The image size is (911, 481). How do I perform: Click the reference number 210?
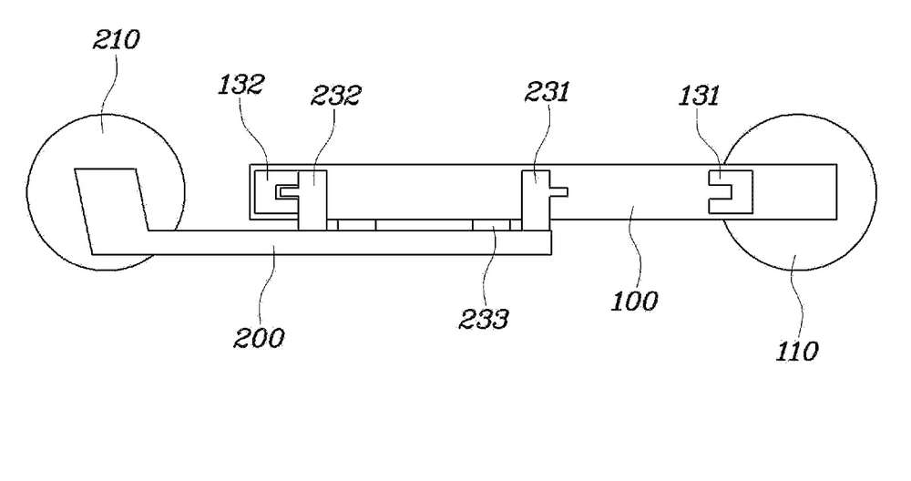(117, 40)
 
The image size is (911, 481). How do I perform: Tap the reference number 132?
(241, 85)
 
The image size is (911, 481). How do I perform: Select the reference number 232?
(336, 96)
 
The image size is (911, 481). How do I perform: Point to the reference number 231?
(548, 92)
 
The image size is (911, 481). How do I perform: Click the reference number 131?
(699, 96)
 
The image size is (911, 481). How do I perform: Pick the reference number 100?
(634, 301)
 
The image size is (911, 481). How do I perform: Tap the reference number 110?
(797, 352)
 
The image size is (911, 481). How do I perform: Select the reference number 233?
(484, 319)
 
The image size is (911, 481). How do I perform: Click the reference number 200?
(259, 338)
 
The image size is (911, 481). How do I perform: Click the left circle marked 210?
(26, 191)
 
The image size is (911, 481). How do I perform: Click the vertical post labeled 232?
(312, 200)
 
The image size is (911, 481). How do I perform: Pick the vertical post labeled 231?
(535, 200)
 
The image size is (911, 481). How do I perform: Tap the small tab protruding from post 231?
(558, 191)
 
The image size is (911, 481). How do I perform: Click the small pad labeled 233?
(492, 225)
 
